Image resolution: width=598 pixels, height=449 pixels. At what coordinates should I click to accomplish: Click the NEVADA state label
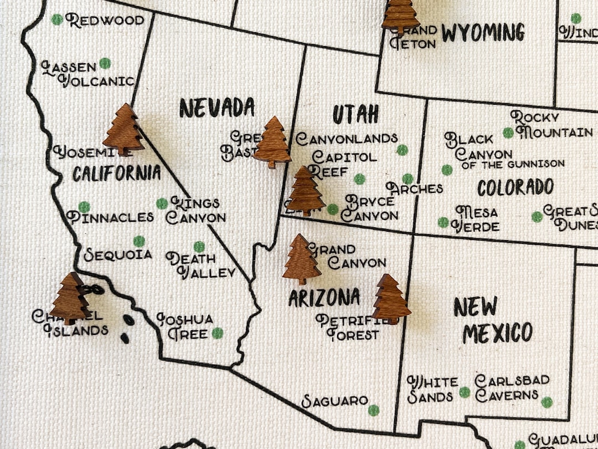(216, 108)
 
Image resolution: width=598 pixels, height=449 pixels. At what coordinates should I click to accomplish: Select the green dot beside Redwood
(57, 19)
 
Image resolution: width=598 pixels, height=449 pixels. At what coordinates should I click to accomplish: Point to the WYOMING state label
(483, 33)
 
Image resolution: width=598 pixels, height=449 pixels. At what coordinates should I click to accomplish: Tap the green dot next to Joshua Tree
(218, 333)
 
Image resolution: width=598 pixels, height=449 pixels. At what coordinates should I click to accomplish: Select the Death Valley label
(200, 266)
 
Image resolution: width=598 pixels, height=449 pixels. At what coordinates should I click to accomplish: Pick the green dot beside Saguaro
(374, 410)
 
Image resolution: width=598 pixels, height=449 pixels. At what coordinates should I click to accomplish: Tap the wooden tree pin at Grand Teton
(400, 16)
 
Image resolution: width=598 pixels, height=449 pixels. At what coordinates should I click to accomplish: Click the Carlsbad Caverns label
(512, 388)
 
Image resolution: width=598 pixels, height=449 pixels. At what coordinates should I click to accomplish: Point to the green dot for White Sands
(465, 392)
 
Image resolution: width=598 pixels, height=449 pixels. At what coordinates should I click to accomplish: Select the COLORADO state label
(515, 187)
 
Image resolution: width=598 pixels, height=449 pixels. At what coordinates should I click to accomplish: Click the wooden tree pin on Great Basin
(272, 142)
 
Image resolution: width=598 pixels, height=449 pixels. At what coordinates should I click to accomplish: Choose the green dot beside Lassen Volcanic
(105, 63)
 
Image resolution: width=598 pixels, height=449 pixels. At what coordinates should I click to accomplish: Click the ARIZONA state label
(324, 298)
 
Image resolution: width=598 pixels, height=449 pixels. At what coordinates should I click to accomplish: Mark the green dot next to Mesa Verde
(443, 222)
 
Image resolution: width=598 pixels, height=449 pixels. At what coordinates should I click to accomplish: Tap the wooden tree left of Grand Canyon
(301, 259)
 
